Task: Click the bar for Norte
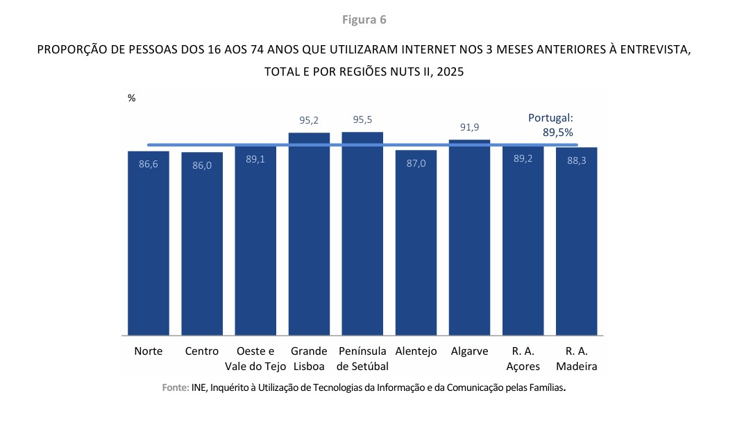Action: (x=149, y=243)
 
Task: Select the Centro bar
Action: (x=202, y=243)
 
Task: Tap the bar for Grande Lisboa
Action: (x=309, y=236)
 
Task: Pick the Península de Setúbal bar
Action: (x=362, y=236)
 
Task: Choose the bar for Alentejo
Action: (x=416, y=243)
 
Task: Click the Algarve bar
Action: (x=469, y=240)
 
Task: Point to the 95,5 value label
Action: (x=362, y=120)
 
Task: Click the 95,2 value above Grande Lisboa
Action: (x=309, y=121)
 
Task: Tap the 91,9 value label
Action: (x=469, y=127)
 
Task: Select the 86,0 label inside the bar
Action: (x=202, y=166)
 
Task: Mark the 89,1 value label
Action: (x=255, y=159)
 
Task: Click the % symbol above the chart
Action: (x=132, y=99)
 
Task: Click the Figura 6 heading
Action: (x=364, y=19)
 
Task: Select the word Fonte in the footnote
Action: (x=175, y=387)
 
